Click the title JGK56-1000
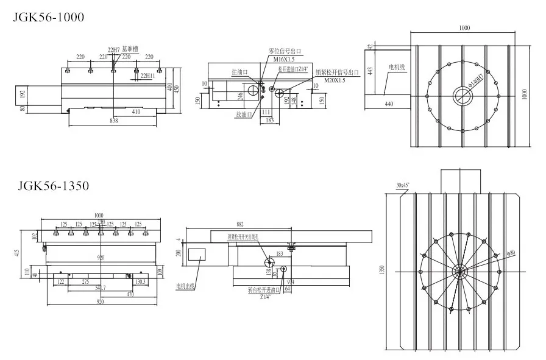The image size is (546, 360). click(x=49, y=18)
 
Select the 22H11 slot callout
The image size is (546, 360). click(x=147, y=76)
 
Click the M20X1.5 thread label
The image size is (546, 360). click(x=335, y=80)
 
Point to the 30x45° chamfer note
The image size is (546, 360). click(x=403, y=185)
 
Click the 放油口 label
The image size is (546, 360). click(x=243, y=113)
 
